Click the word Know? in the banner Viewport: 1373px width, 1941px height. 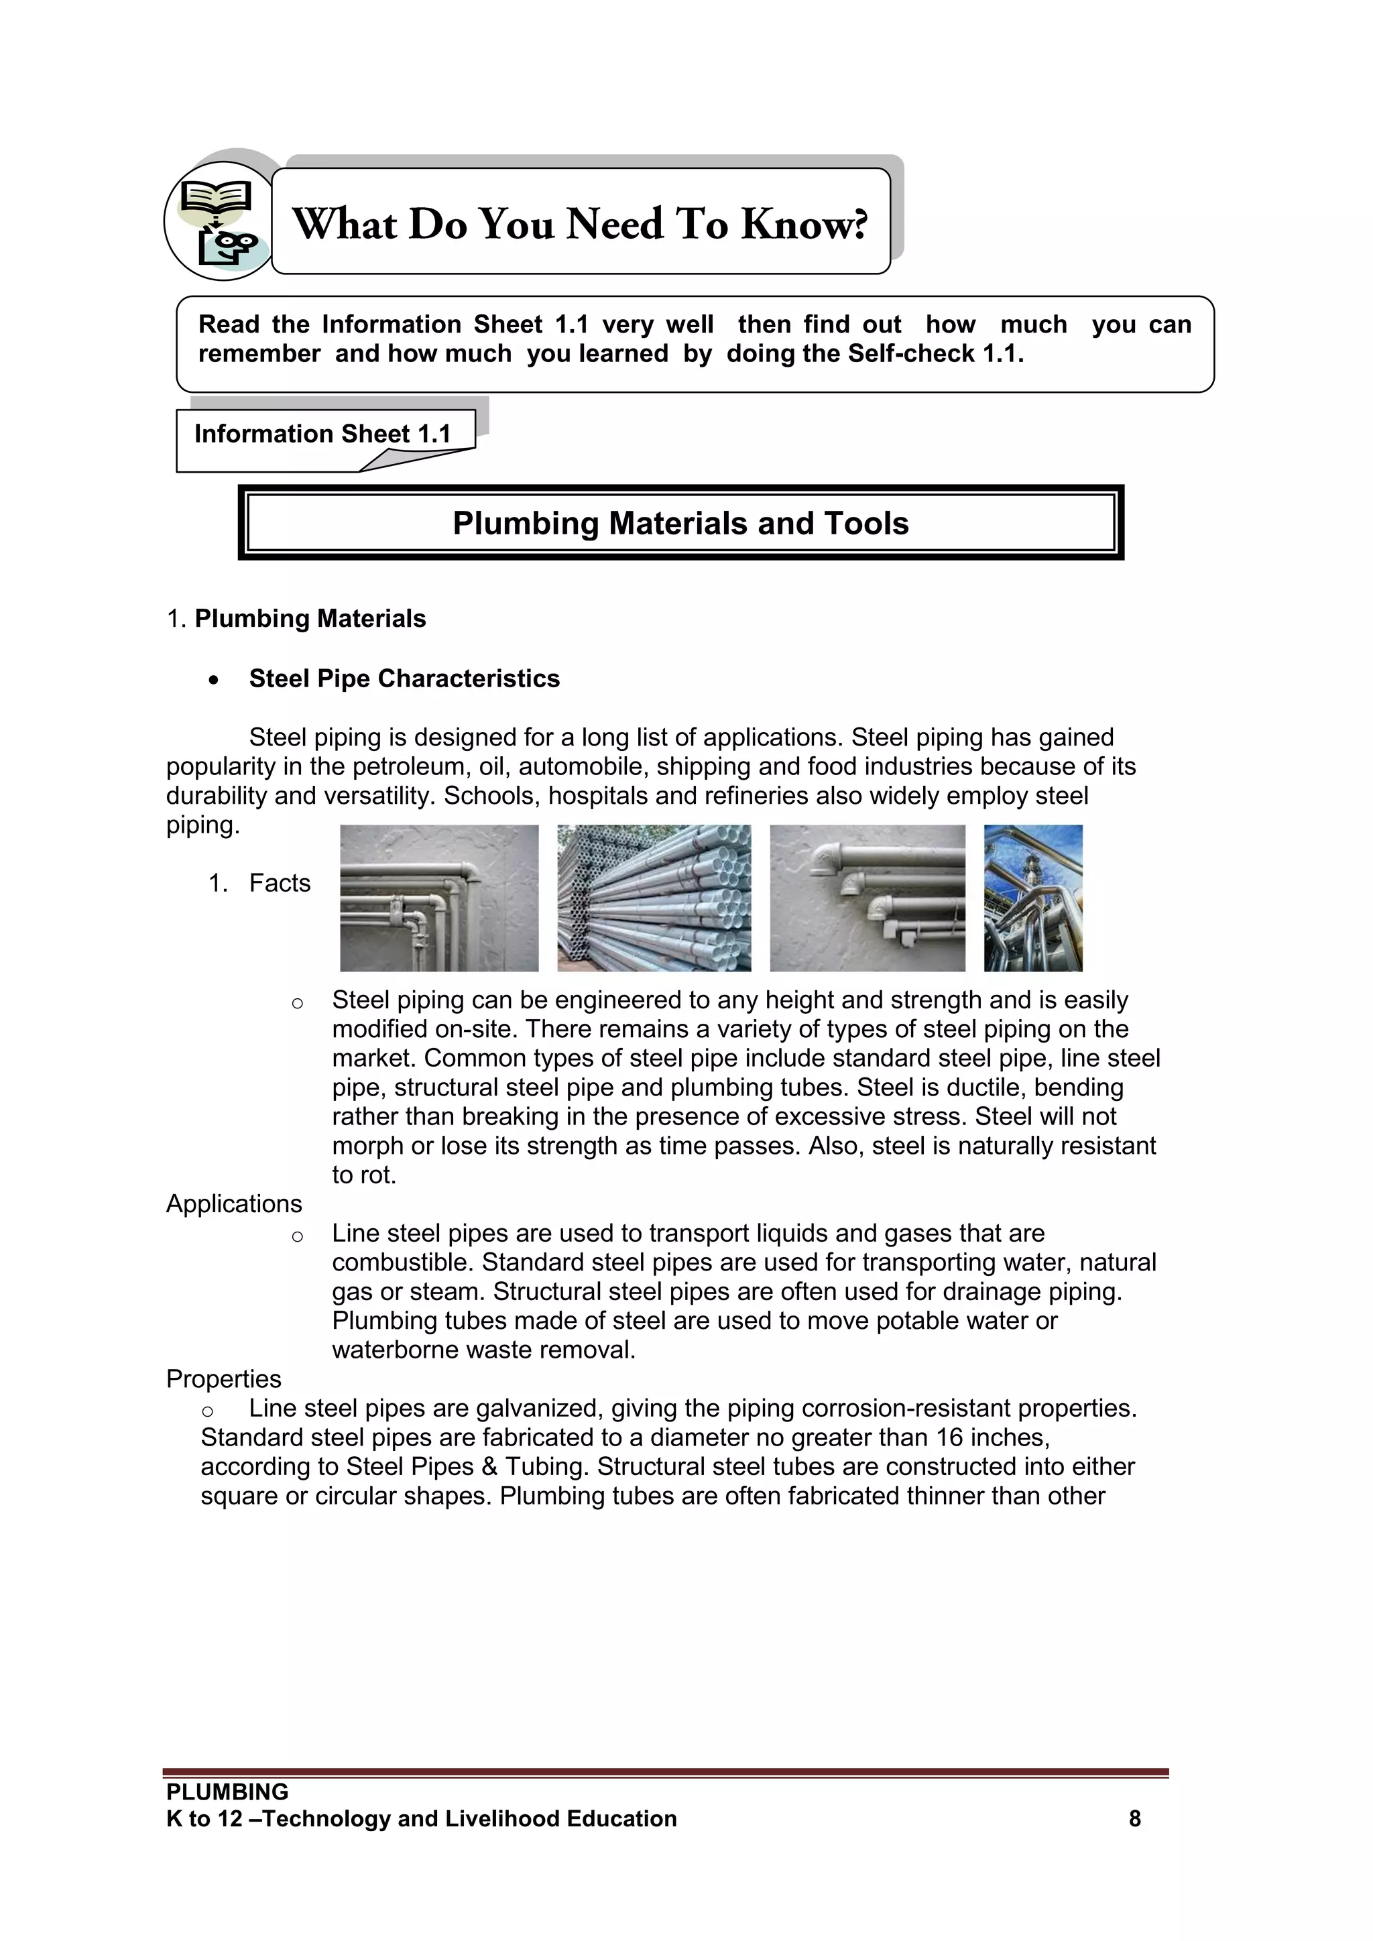pyautogui.click(x=804, y=224)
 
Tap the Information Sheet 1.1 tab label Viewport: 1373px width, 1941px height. pyautogui.click(x=322, y=434)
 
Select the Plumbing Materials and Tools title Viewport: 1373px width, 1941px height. pyautogui.click(x=680, y=523)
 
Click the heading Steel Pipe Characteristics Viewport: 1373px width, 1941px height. pyautogui.click(x=404, y=679)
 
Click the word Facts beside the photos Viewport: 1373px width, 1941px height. pyautogui.click(x=280, y=884)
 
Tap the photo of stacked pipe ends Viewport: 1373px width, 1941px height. pyautogui.click(x=654, y=898)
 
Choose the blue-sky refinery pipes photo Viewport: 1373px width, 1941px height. pyautogui.click(x=1033, y=898)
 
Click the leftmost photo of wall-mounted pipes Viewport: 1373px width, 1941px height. pyautogui.click(x=439, y=898)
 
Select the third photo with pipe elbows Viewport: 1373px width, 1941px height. pyautogui.click(x=868, y=898)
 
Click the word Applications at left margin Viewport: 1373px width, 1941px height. pyautogui.click(x=234, y=1204)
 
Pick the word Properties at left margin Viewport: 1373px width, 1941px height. pyautogui.click(x=223, y=1379)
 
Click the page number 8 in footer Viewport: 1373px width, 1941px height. pyautogui.click(x=1134, y=1819)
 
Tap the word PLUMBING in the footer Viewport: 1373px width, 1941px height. pyautogui.click(x=227, y=1792)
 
